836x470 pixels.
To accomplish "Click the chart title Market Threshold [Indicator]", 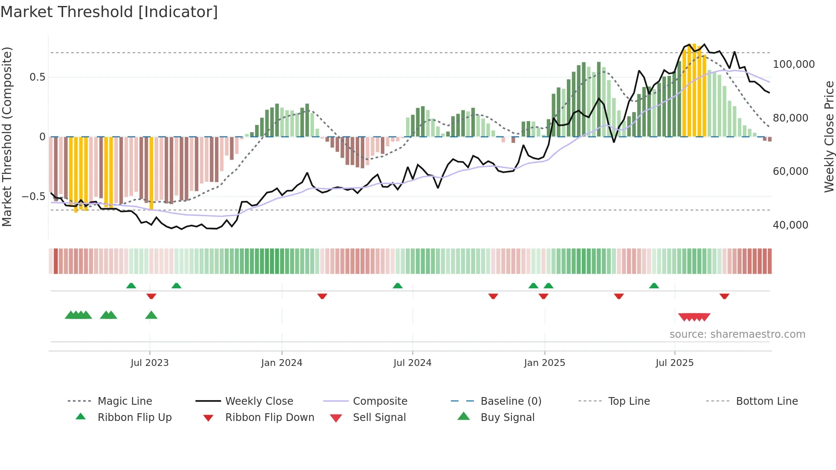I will [x=109, y=12].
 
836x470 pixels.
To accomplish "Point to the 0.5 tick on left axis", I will [x=37, y=77].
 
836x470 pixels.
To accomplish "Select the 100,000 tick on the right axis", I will [x=793, y=64].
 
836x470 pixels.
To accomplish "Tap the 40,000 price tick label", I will [x=790, y=225].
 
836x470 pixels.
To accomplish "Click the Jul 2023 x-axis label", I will [x=149, y=363].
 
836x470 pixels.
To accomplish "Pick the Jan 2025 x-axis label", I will [x=544, y=363].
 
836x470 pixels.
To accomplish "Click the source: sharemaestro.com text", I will [x=737, y=334].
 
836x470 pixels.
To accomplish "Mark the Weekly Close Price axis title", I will [x=829, y=136].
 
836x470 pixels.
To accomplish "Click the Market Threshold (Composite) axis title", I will [x=7, y=136].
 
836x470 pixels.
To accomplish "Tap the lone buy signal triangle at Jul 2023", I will [x=151, y=315].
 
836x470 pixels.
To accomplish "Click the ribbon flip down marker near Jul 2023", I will [x=151, y=296].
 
